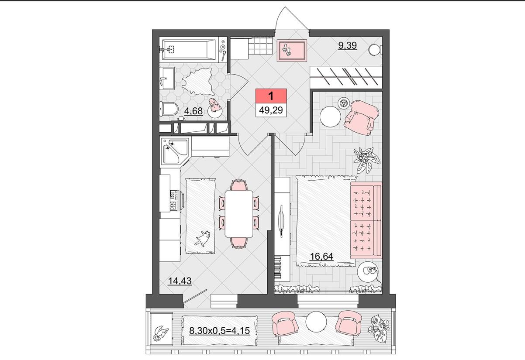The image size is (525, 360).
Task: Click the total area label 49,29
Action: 271,110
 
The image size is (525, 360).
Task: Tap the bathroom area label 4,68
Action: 193,111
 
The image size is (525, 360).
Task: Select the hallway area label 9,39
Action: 348,45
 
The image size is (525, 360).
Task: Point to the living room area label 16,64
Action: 321,257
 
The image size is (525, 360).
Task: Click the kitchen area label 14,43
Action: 180,281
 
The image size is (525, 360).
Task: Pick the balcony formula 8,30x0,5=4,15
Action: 219,330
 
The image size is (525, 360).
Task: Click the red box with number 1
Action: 271,96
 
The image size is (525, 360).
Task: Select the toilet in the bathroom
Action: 169,109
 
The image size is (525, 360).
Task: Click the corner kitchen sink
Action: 175,151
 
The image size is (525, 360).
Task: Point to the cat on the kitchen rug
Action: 203,238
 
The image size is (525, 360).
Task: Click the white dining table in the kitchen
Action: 238,214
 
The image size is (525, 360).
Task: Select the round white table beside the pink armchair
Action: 331,117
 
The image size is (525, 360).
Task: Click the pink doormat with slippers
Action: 292,51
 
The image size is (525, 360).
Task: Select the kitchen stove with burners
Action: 174,201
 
